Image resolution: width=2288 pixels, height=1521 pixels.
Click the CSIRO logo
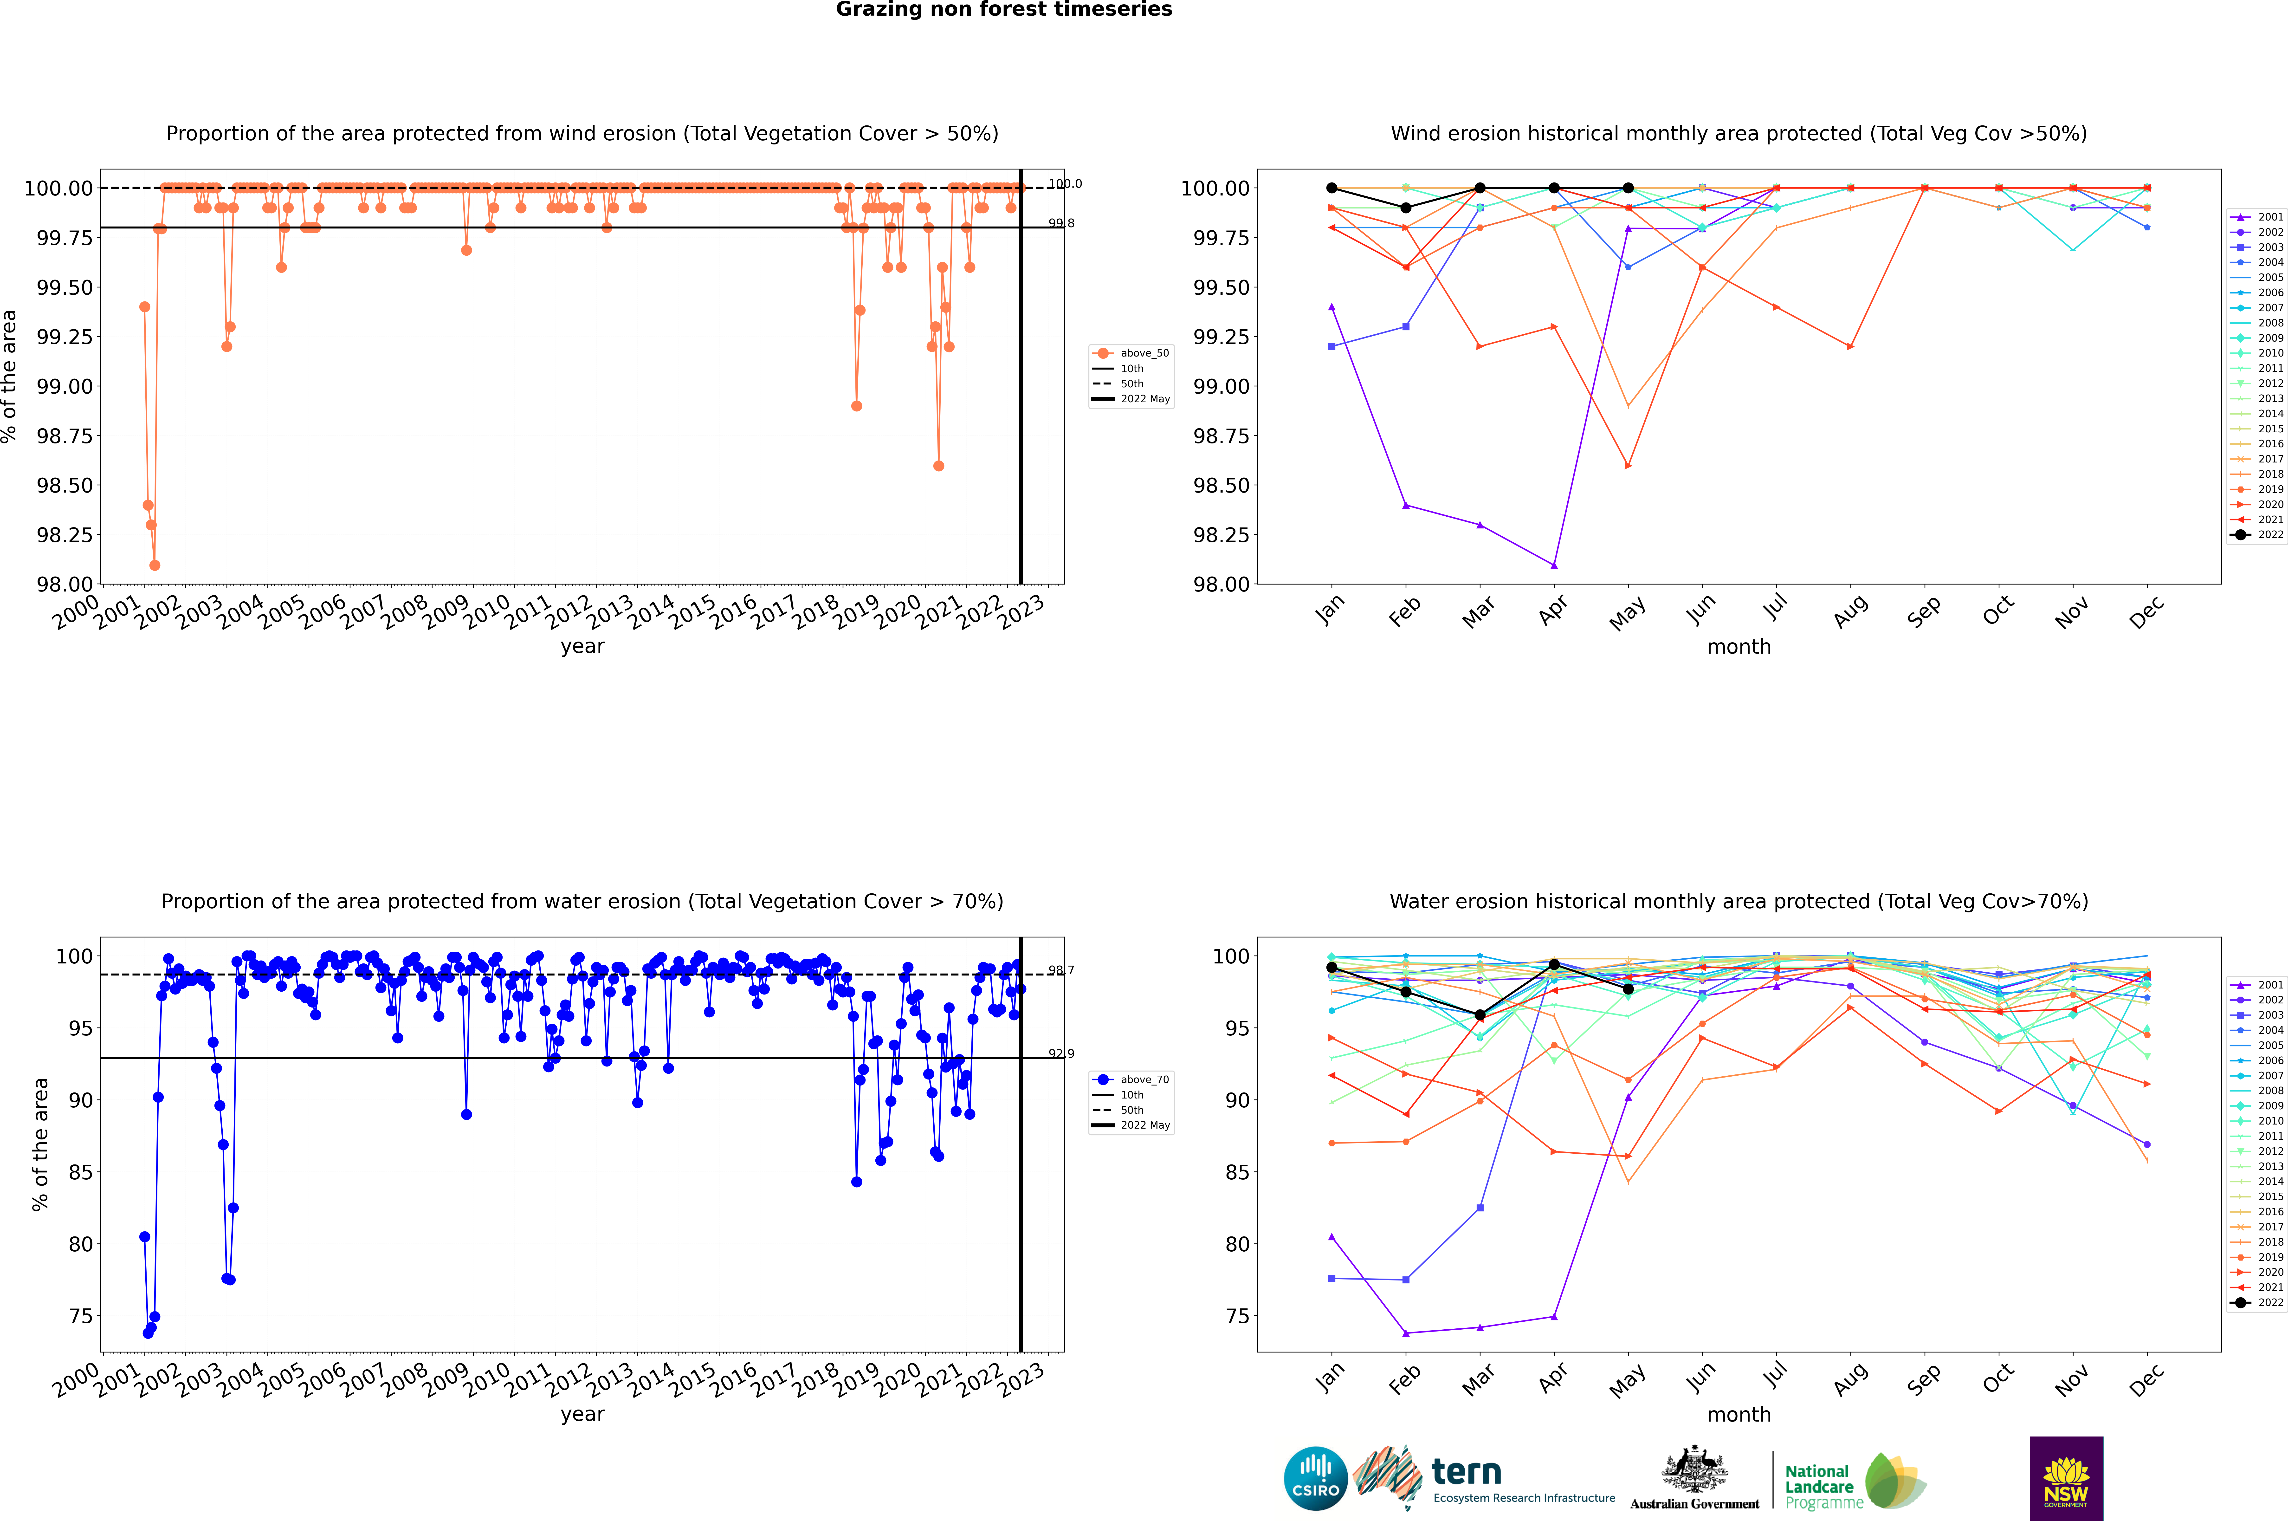click(x=1315, y=1478)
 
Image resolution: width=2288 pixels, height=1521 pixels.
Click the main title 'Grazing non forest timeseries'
click(x=1004, y=10)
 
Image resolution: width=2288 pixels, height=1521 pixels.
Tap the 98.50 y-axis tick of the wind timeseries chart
click(x=65, y=485)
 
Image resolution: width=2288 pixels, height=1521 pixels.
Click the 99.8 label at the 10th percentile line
click(x=1061, y=223)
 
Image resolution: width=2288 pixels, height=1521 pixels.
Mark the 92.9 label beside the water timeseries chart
click(x=1061, y=1053)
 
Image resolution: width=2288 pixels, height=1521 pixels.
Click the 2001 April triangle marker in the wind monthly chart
click(x=1554, y=565)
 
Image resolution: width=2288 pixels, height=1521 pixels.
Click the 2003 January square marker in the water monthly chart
click(x=1332, y=1279)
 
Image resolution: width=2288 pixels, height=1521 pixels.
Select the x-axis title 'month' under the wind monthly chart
click(x=1738, y=647)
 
